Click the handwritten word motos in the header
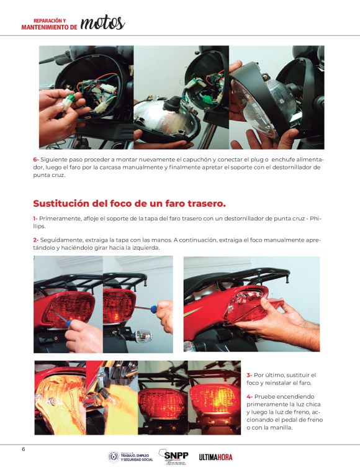click(102, 23)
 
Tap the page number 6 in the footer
click(24, 449)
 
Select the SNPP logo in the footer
click(174, 457)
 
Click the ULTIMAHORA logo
click(215, 457)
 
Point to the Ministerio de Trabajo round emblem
click(113, 457)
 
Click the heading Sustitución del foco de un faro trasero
click(129, 203)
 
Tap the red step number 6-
click(36, 160)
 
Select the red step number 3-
click(249, 375)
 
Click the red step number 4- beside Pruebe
click(250, 397)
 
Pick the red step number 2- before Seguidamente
click(36, 240)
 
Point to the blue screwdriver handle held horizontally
click(154, 309)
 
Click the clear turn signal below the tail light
click(143, 336)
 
